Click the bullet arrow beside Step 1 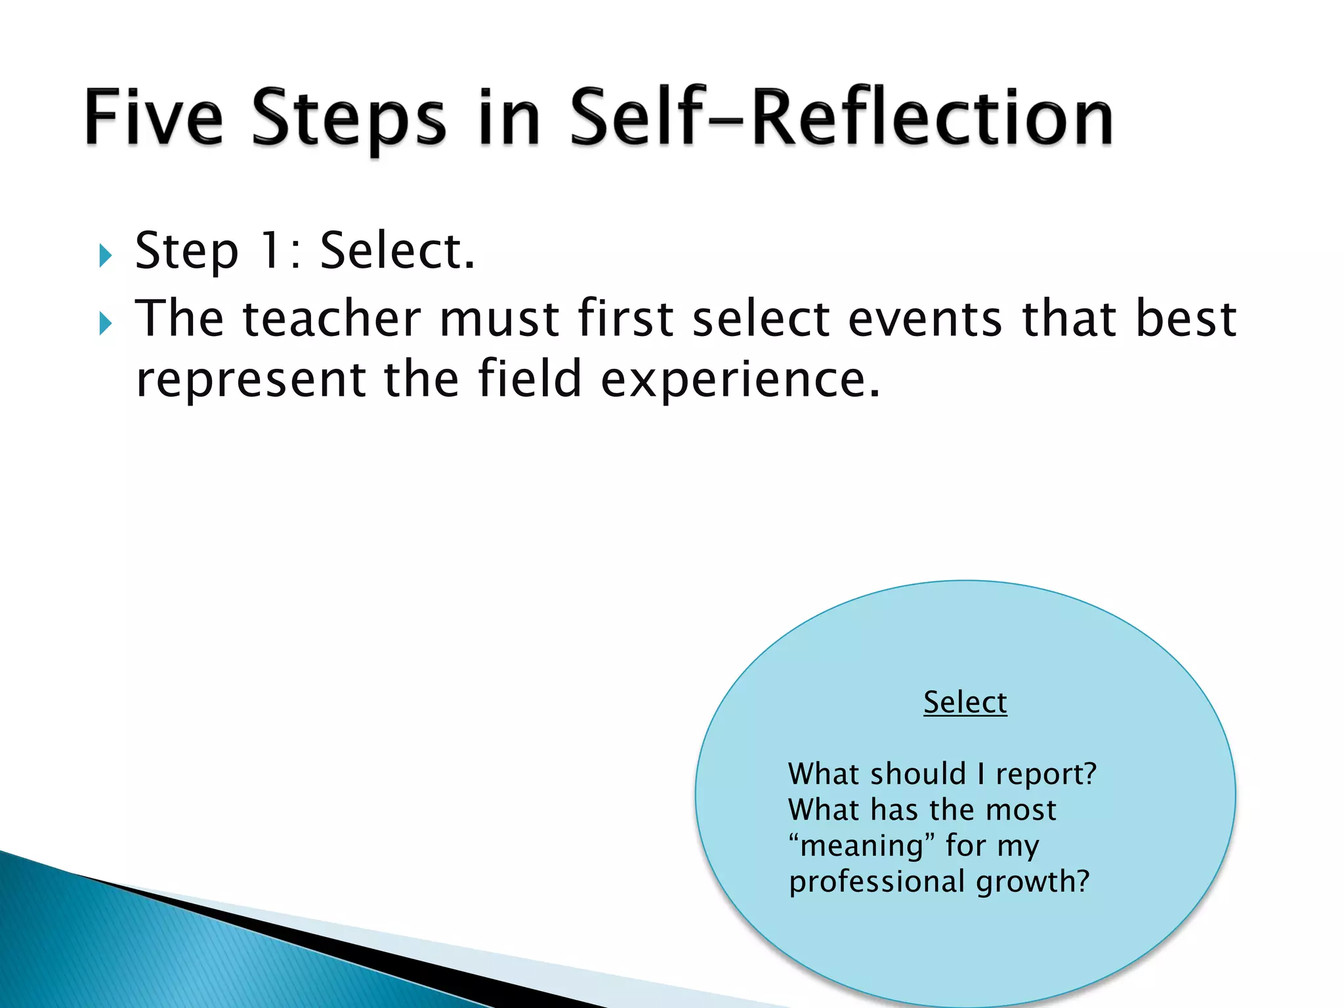tap(106, 255)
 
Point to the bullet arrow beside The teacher tap(106, 323)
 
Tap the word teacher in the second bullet tap(331, 318)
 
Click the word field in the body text tap(530, 379)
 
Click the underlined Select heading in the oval tap(965, 702)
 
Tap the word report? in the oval tap(1046, 774)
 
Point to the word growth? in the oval tap(1032, 882)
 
